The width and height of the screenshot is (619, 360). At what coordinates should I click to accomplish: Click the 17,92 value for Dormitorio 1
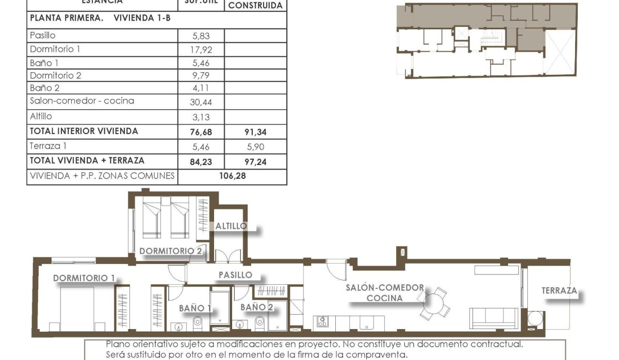tap(201, 50)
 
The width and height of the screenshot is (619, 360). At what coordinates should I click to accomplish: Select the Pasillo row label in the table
tap(43, 36)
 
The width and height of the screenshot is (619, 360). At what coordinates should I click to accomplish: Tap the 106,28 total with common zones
tap(233, 176)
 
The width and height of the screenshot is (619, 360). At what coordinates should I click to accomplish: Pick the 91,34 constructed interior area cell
tap(256, 132)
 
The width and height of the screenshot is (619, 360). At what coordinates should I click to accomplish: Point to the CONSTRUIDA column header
tap(255, 6)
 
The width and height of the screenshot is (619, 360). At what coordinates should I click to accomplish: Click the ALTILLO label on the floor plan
tap(231, 226)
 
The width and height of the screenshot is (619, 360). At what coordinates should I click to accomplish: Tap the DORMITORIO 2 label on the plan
tap(171, 251)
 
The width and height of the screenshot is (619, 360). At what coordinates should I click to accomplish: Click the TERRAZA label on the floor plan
tap(559, 291)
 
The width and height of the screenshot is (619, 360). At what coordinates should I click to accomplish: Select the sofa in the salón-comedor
tap(494, 317)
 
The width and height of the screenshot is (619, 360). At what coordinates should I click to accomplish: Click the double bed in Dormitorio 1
tap(77, 308)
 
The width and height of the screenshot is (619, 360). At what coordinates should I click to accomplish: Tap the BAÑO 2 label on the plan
tap(256, 307)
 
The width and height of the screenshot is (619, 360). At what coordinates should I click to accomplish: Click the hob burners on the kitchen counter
tap(322, 322)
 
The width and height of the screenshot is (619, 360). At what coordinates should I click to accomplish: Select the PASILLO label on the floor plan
tap(235, 275)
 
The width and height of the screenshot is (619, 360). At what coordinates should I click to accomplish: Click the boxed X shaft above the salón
tap(402, 253)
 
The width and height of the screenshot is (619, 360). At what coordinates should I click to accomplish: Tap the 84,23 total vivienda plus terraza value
tap(201, 161)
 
